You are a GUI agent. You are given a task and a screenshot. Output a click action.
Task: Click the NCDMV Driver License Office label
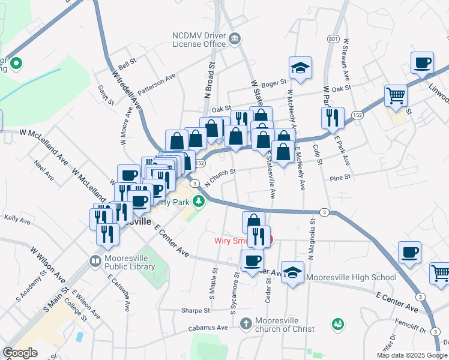click(x=199, y=39)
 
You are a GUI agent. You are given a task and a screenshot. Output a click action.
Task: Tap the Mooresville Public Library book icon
click(x=95, y=261)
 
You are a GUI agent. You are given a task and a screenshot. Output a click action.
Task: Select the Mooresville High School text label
click(x=351, y=277)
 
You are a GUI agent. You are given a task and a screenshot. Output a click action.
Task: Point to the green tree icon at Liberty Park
click(x=203, y=202)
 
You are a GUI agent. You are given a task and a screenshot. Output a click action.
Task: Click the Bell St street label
click(x=127, y=64)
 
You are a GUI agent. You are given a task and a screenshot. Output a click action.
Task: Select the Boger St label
click(x=274, y=84)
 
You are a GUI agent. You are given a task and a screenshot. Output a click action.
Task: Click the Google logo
click(x=20, y=353)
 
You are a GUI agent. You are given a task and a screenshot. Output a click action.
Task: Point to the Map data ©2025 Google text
click(x=412, y=355)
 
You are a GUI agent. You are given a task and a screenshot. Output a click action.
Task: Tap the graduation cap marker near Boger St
click(x=300, y=69)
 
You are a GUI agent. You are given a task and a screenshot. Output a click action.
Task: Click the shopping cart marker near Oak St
click(x=396, y=96)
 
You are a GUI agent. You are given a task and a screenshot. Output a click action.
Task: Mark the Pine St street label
click(x=340, y=178)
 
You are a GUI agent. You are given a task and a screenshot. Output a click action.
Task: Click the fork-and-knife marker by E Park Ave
click(x=332, y=118)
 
